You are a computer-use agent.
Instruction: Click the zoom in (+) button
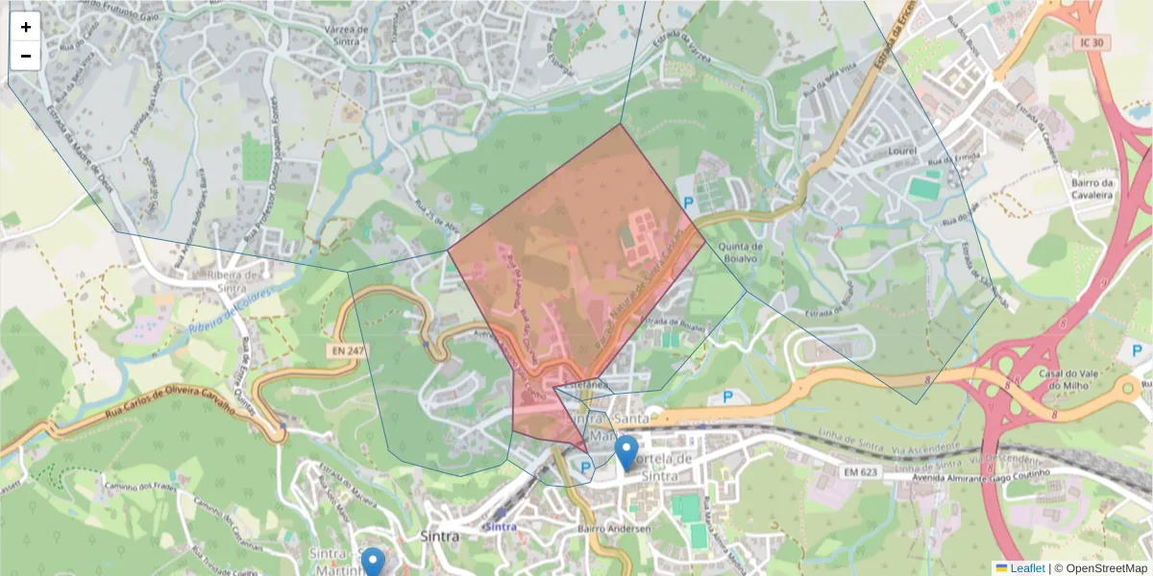[26, 27]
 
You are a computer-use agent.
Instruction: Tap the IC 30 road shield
[1092, 44]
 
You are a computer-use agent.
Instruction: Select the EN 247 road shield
[348, 351]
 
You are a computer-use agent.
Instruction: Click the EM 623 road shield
[861, 471]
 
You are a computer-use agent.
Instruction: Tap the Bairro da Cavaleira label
[1092, 188]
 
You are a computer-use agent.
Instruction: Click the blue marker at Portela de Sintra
[626, 452]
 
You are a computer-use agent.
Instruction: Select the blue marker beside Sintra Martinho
[373, 562]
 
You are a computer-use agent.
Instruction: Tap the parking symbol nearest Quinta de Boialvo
[688, 203]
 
